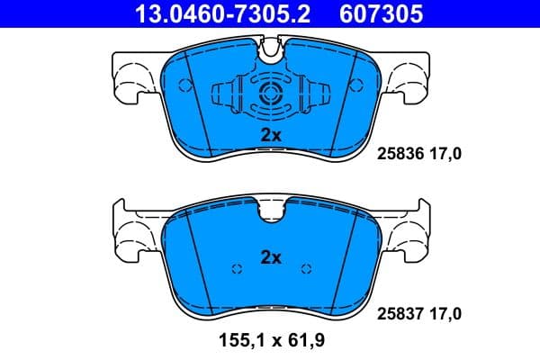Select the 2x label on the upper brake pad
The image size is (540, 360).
(x=271, y=135)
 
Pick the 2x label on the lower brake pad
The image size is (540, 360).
(x=271, y=257)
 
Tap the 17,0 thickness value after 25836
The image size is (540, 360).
(x=445, y=155)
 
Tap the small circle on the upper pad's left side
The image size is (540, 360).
(x=184, y=86)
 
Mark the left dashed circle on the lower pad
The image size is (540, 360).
(x=237, y=268)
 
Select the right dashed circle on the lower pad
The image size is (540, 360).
(x=305, y=268)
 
